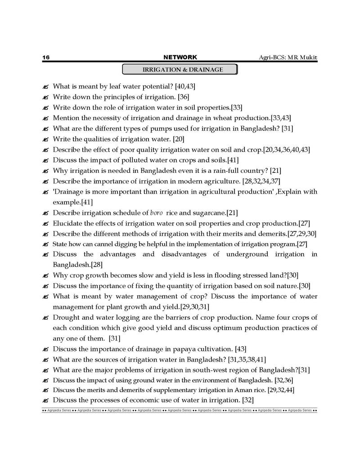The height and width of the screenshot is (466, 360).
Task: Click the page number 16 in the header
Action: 45,58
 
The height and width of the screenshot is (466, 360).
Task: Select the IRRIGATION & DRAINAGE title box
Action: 180,70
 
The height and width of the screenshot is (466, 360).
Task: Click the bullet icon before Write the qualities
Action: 45,140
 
